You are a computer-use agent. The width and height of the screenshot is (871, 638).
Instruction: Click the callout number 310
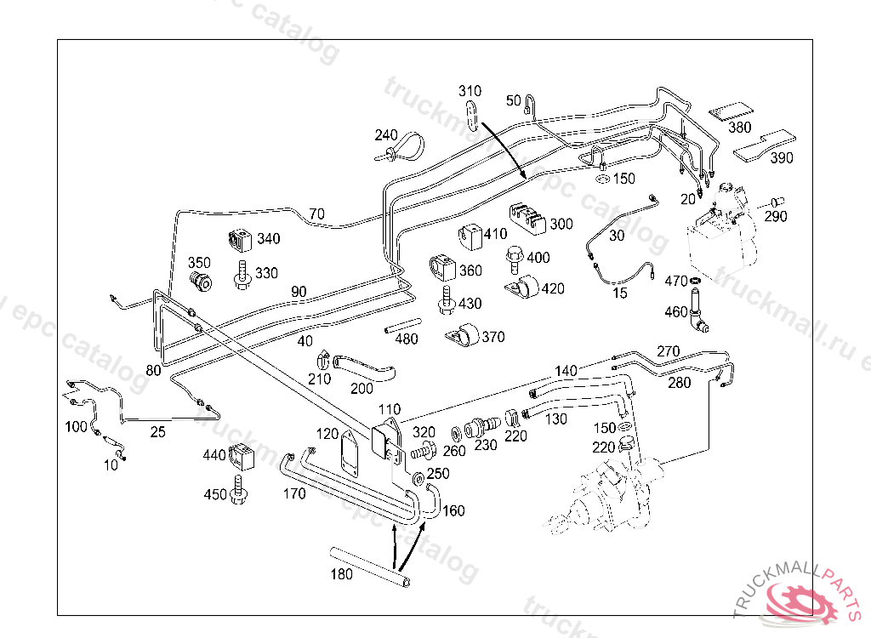pos(470,91)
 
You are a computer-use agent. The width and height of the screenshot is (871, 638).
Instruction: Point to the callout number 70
pos(316,214)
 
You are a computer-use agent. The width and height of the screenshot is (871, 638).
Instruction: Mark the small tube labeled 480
pos(402,325)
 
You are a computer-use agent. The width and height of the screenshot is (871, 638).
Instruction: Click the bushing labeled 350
pos(200,281)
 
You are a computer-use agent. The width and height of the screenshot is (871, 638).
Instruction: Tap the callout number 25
pos(157,432)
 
